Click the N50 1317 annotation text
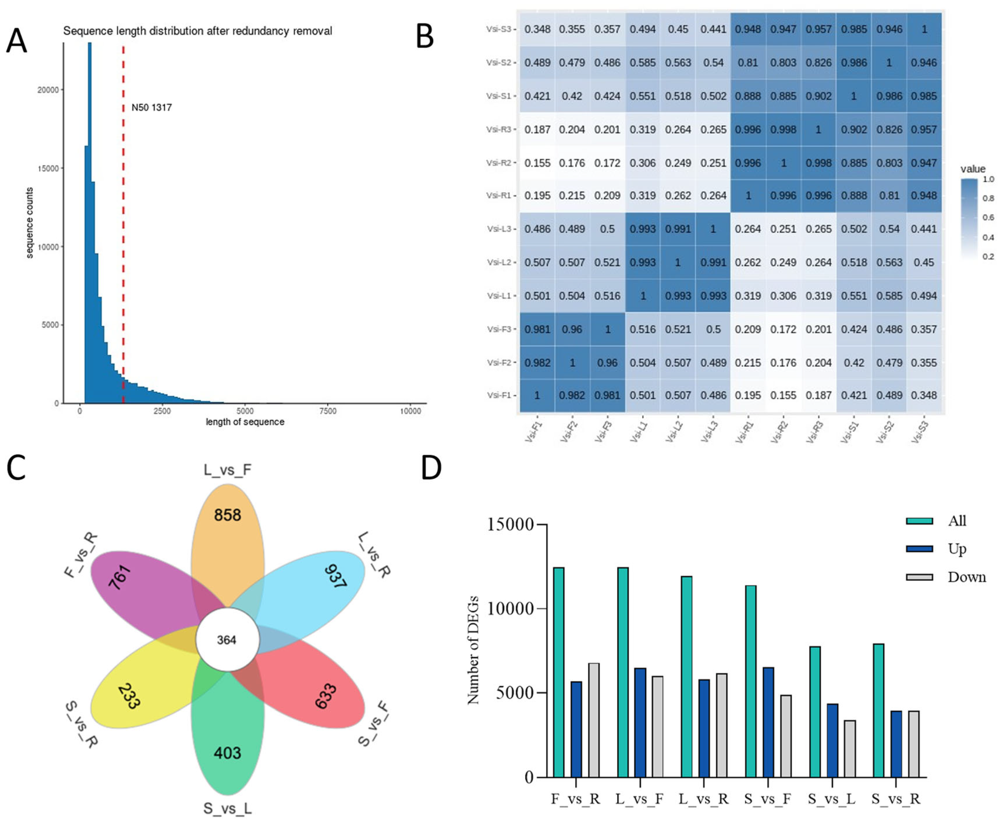pos(151,108)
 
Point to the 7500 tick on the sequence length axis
pos(327,411)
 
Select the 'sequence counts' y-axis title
pos(29,223)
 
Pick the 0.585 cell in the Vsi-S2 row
pos(643,63)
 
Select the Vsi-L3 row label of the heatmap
pos(500,229)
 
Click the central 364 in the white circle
pos(227,640)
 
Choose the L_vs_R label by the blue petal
pos(374,554)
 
